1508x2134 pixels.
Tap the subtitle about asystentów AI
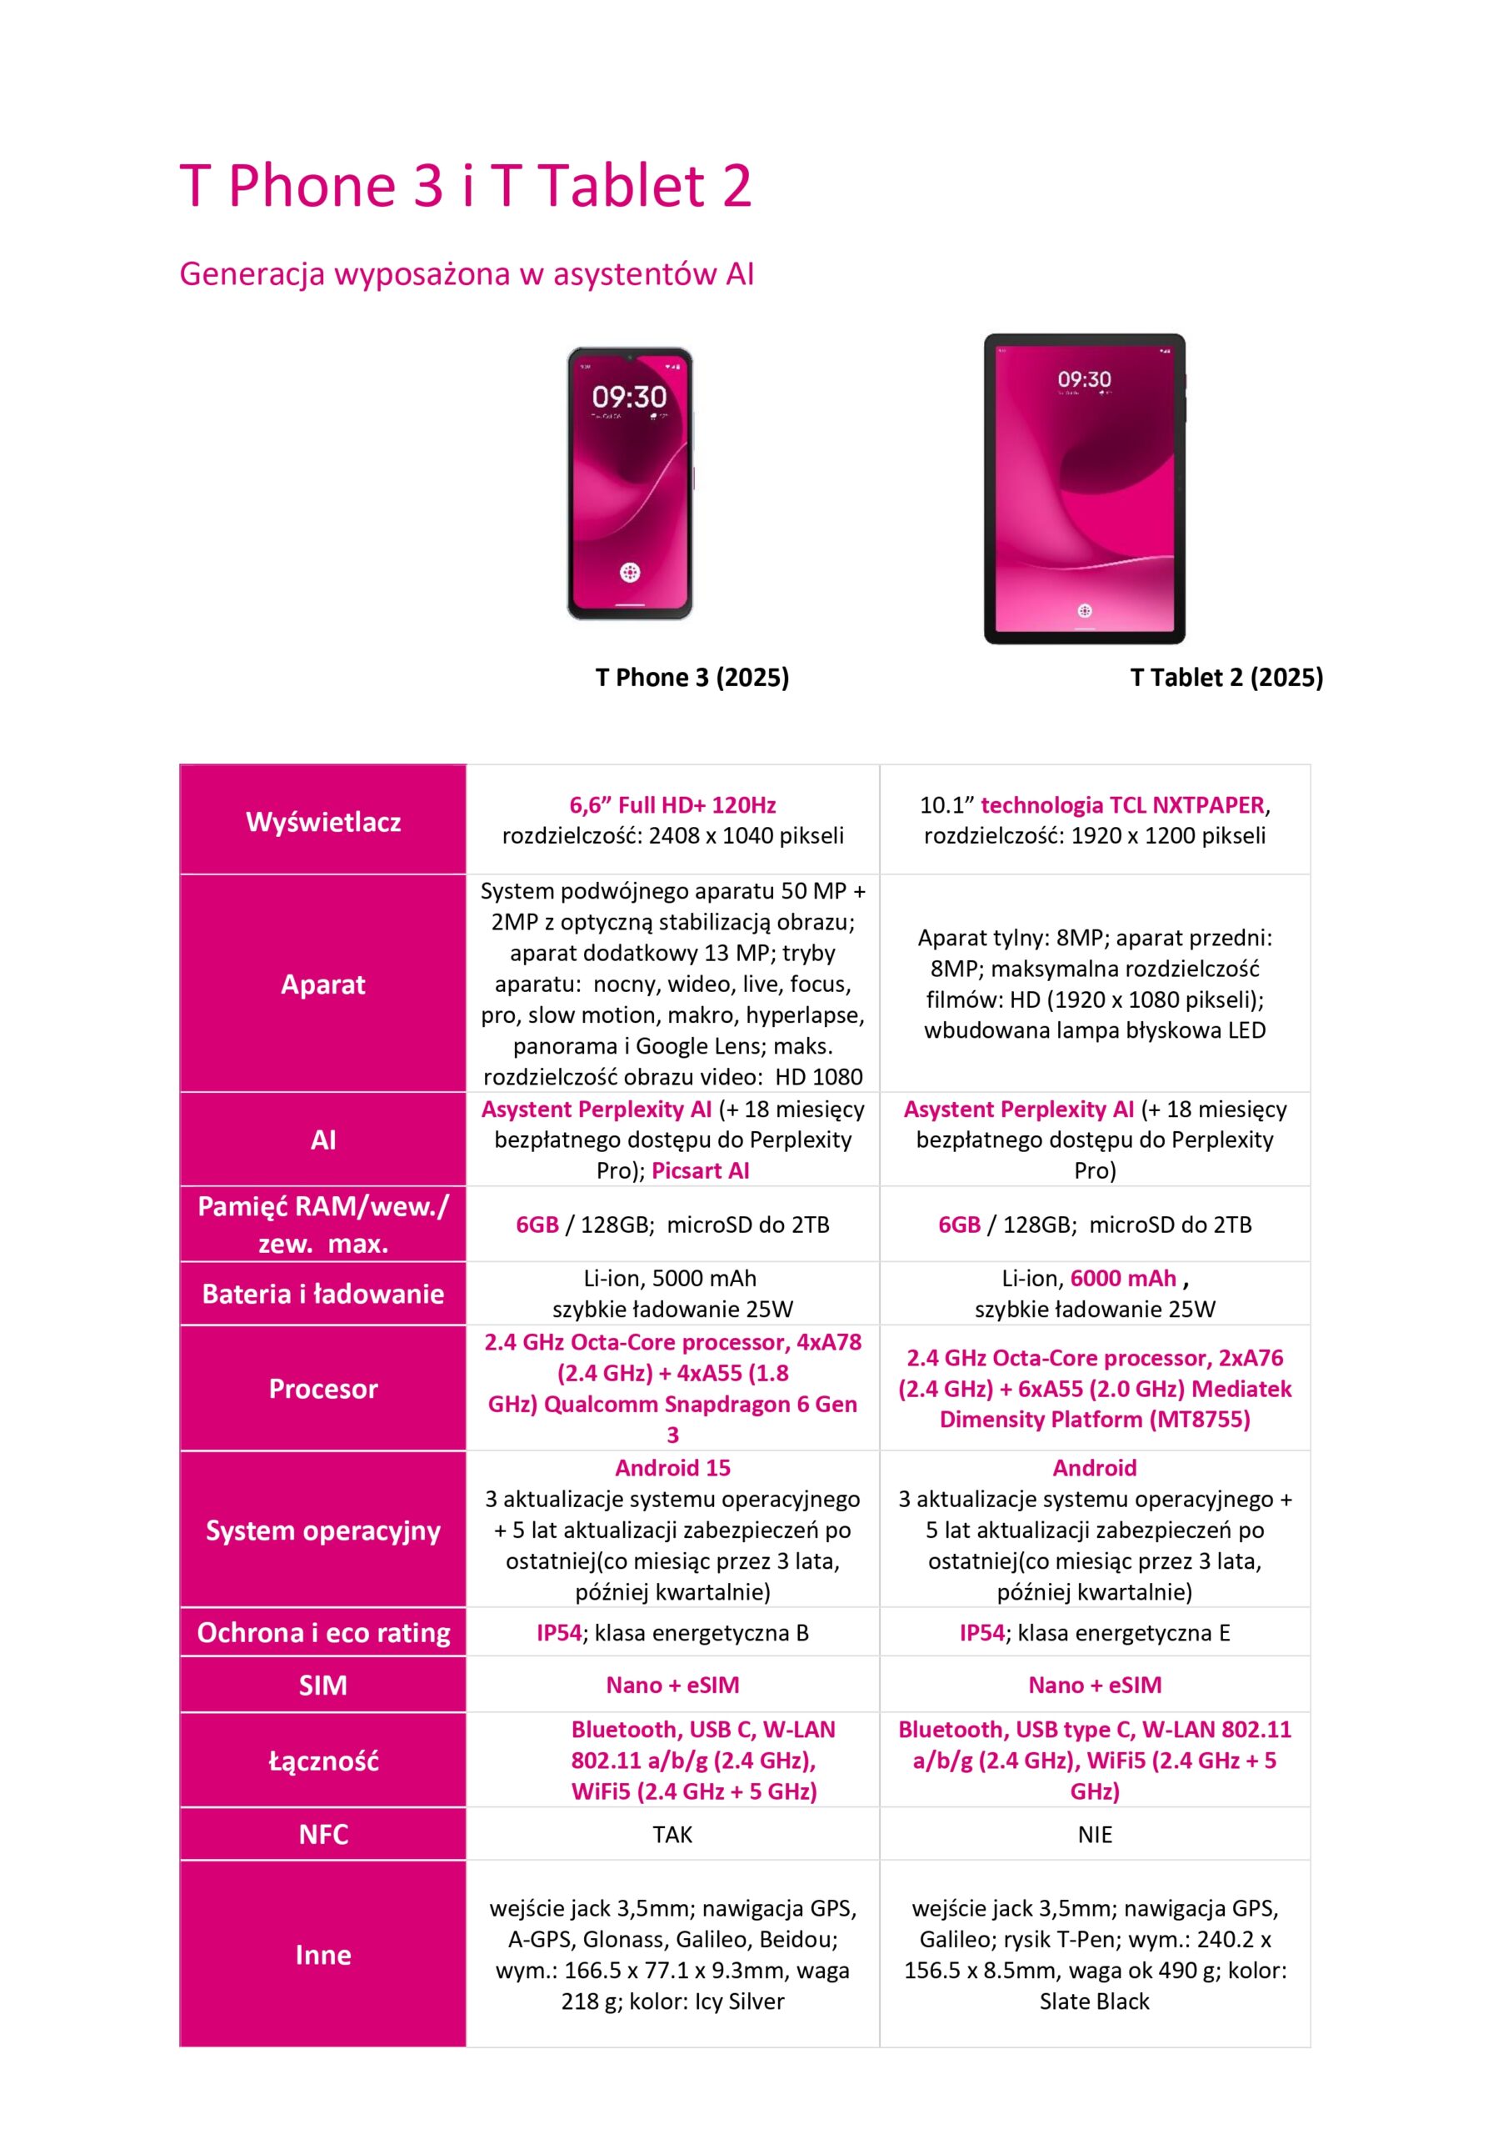pyautogui.click(x=467, y=274)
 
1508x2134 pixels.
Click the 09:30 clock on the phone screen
pyautogui.click(x=629, y=398)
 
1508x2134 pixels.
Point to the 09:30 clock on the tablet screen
pyautogui.click(x=1083, y=379)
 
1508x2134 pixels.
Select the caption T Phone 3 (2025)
pyautogui.click(x=692, y=678)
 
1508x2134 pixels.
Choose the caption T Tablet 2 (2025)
pyautogui.click(x=1226, y=678)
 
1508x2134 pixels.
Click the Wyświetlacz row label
pyautogui.click(x=322, y=822)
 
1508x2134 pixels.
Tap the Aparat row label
pyautogui.click(x=322, y=984)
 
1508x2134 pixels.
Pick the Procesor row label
pyautogui.click(x=322, y=1389)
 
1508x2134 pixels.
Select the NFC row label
pyautogui.click(x=322, y=1835)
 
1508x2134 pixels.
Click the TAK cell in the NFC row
pyautogui.click(x=672, y=1835)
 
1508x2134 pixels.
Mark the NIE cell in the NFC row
pyautogui.click(x=1095, y=1835)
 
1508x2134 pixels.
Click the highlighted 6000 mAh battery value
pyautogui.click(x=1122, y=1279)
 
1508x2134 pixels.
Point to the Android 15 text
pyautogui.click(x=672, y=1469)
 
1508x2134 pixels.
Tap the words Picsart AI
pyautogui.click(x=700, y=1171)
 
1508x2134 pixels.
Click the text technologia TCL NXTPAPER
pyautogui.click(x=1122, y=805)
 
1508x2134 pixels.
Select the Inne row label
pyautogui.click(x=322, y=1955)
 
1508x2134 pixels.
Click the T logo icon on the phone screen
pyautogui.click(x=629, y=572)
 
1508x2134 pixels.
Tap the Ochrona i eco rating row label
pyautogui.click(x=322, y=1633)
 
